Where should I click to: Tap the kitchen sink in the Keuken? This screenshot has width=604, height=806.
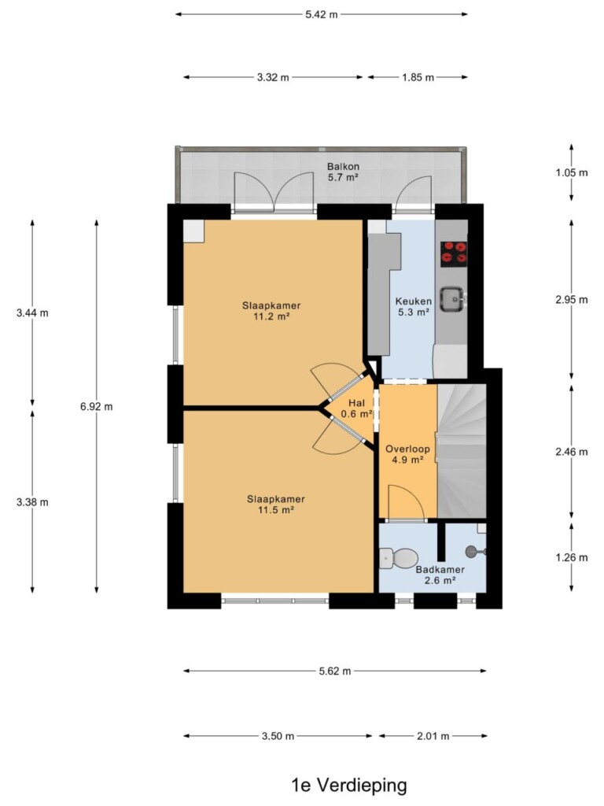[453, 298]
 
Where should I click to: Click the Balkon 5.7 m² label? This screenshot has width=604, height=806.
[343, 172]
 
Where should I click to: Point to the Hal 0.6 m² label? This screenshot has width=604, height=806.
[356, 409]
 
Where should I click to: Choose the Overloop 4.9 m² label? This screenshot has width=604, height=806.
[408, 454]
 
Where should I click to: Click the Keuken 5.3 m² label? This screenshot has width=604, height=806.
[414, 306]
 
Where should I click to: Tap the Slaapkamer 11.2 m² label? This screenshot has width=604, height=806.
[271, 311]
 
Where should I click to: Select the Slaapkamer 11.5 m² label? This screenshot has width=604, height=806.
[276, 505]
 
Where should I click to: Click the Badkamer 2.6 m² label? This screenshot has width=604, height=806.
[440, 575]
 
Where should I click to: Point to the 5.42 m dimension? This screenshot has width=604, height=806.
[322, 14]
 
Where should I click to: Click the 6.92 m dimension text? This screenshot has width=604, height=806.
[96, 407]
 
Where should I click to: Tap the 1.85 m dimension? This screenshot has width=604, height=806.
[418, 78]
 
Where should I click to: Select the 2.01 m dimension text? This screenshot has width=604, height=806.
[433, 736]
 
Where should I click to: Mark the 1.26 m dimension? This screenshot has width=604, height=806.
[572, 557]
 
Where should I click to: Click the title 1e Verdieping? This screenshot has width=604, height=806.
[348, 786]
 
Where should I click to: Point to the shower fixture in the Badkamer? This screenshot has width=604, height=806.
[475, 552]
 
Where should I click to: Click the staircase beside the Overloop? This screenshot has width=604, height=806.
[462, 451]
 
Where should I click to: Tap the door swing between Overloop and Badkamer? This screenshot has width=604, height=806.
[406, 503]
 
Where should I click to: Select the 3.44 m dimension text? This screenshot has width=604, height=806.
[32, 312]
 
